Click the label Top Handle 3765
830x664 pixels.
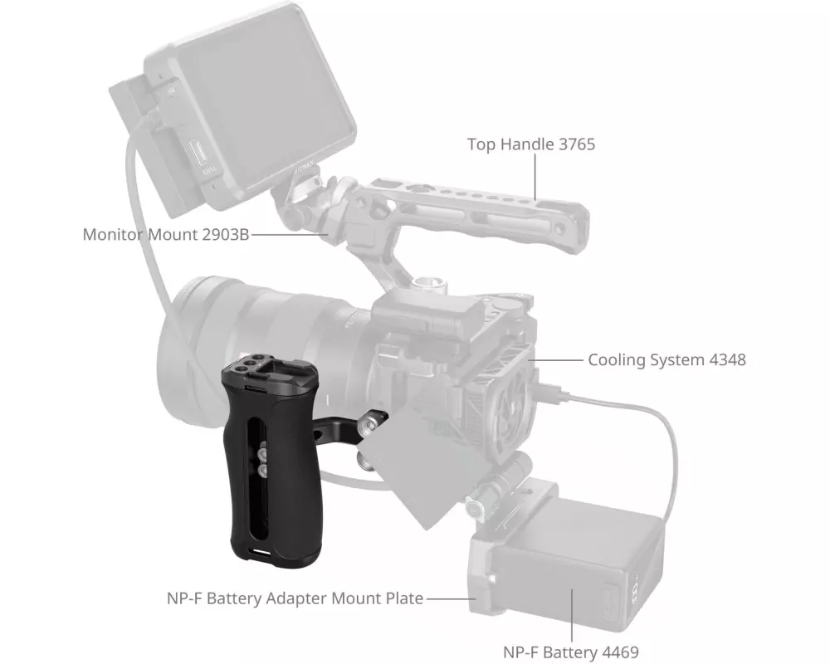[x=531, y=144]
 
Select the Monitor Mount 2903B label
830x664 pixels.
[x=166, y=234]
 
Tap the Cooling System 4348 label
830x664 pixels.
[x=667, y=359]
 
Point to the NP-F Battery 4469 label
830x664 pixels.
[x=571, y=652]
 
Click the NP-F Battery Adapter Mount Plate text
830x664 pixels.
[x=295, y=598]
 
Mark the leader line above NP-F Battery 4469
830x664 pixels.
[x=572, y=614]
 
